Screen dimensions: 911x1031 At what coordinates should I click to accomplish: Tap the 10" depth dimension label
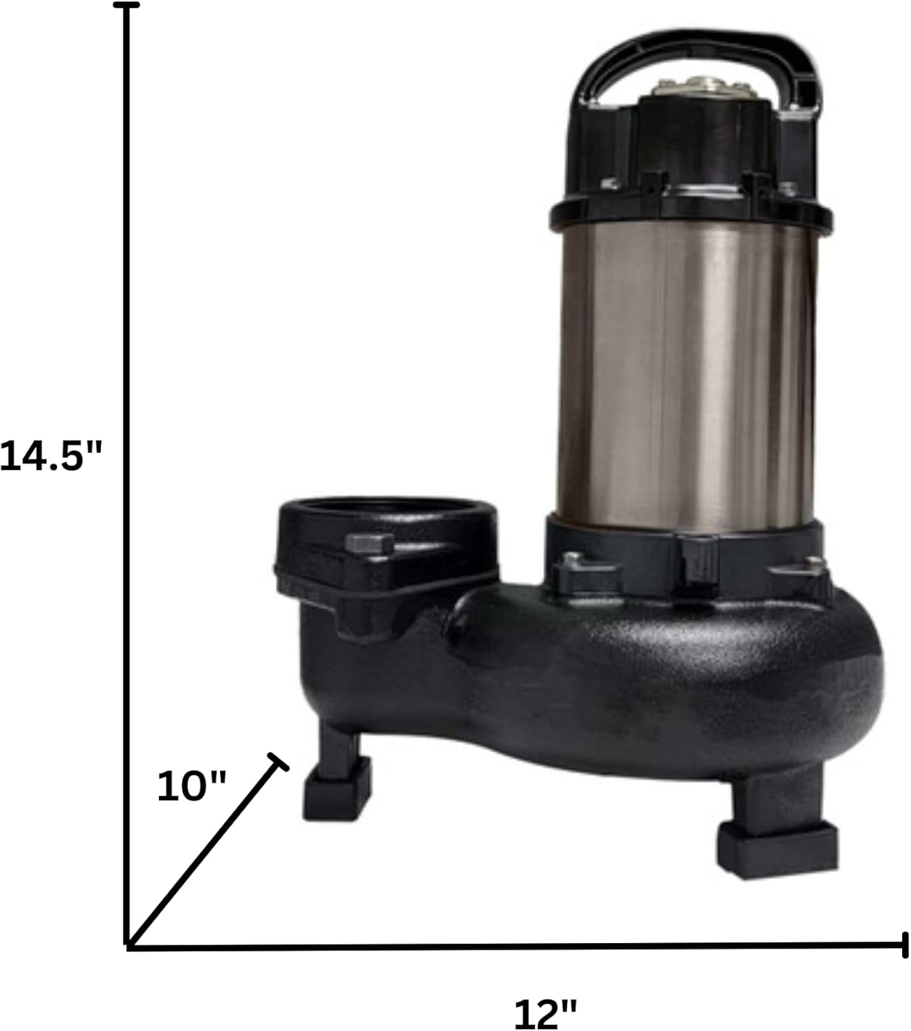191,787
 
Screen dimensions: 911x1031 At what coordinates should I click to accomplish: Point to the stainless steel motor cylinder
688,377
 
